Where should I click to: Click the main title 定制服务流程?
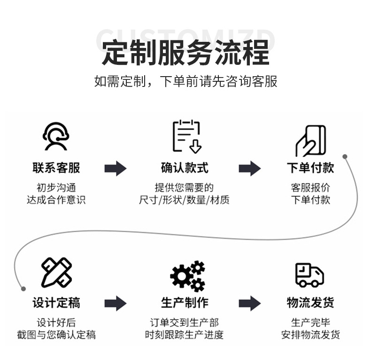(x=185, y=52)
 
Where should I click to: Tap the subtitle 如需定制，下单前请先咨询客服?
(x=185, y=81)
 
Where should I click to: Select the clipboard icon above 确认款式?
(x=186, y=136)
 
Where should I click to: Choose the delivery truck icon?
(x=310, y=274)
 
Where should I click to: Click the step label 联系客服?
(x=56, y=167)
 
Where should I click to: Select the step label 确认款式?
(x=185, y=167)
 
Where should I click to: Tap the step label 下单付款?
(x=310, y=167)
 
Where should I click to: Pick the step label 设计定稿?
(x=56, y=303)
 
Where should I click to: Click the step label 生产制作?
(x=185, y=303)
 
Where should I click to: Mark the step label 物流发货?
(x=310, y=303)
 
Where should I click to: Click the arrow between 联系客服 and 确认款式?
(x=116, y=168)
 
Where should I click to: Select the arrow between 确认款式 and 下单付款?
(x=249, y=168)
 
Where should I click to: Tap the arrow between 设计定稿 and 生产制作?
(x=116, y=304)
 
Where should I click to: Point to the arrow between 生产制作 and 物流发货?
(x=249, y=304)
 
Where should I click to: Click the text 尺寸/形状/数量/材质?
(x=184, y=200)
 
